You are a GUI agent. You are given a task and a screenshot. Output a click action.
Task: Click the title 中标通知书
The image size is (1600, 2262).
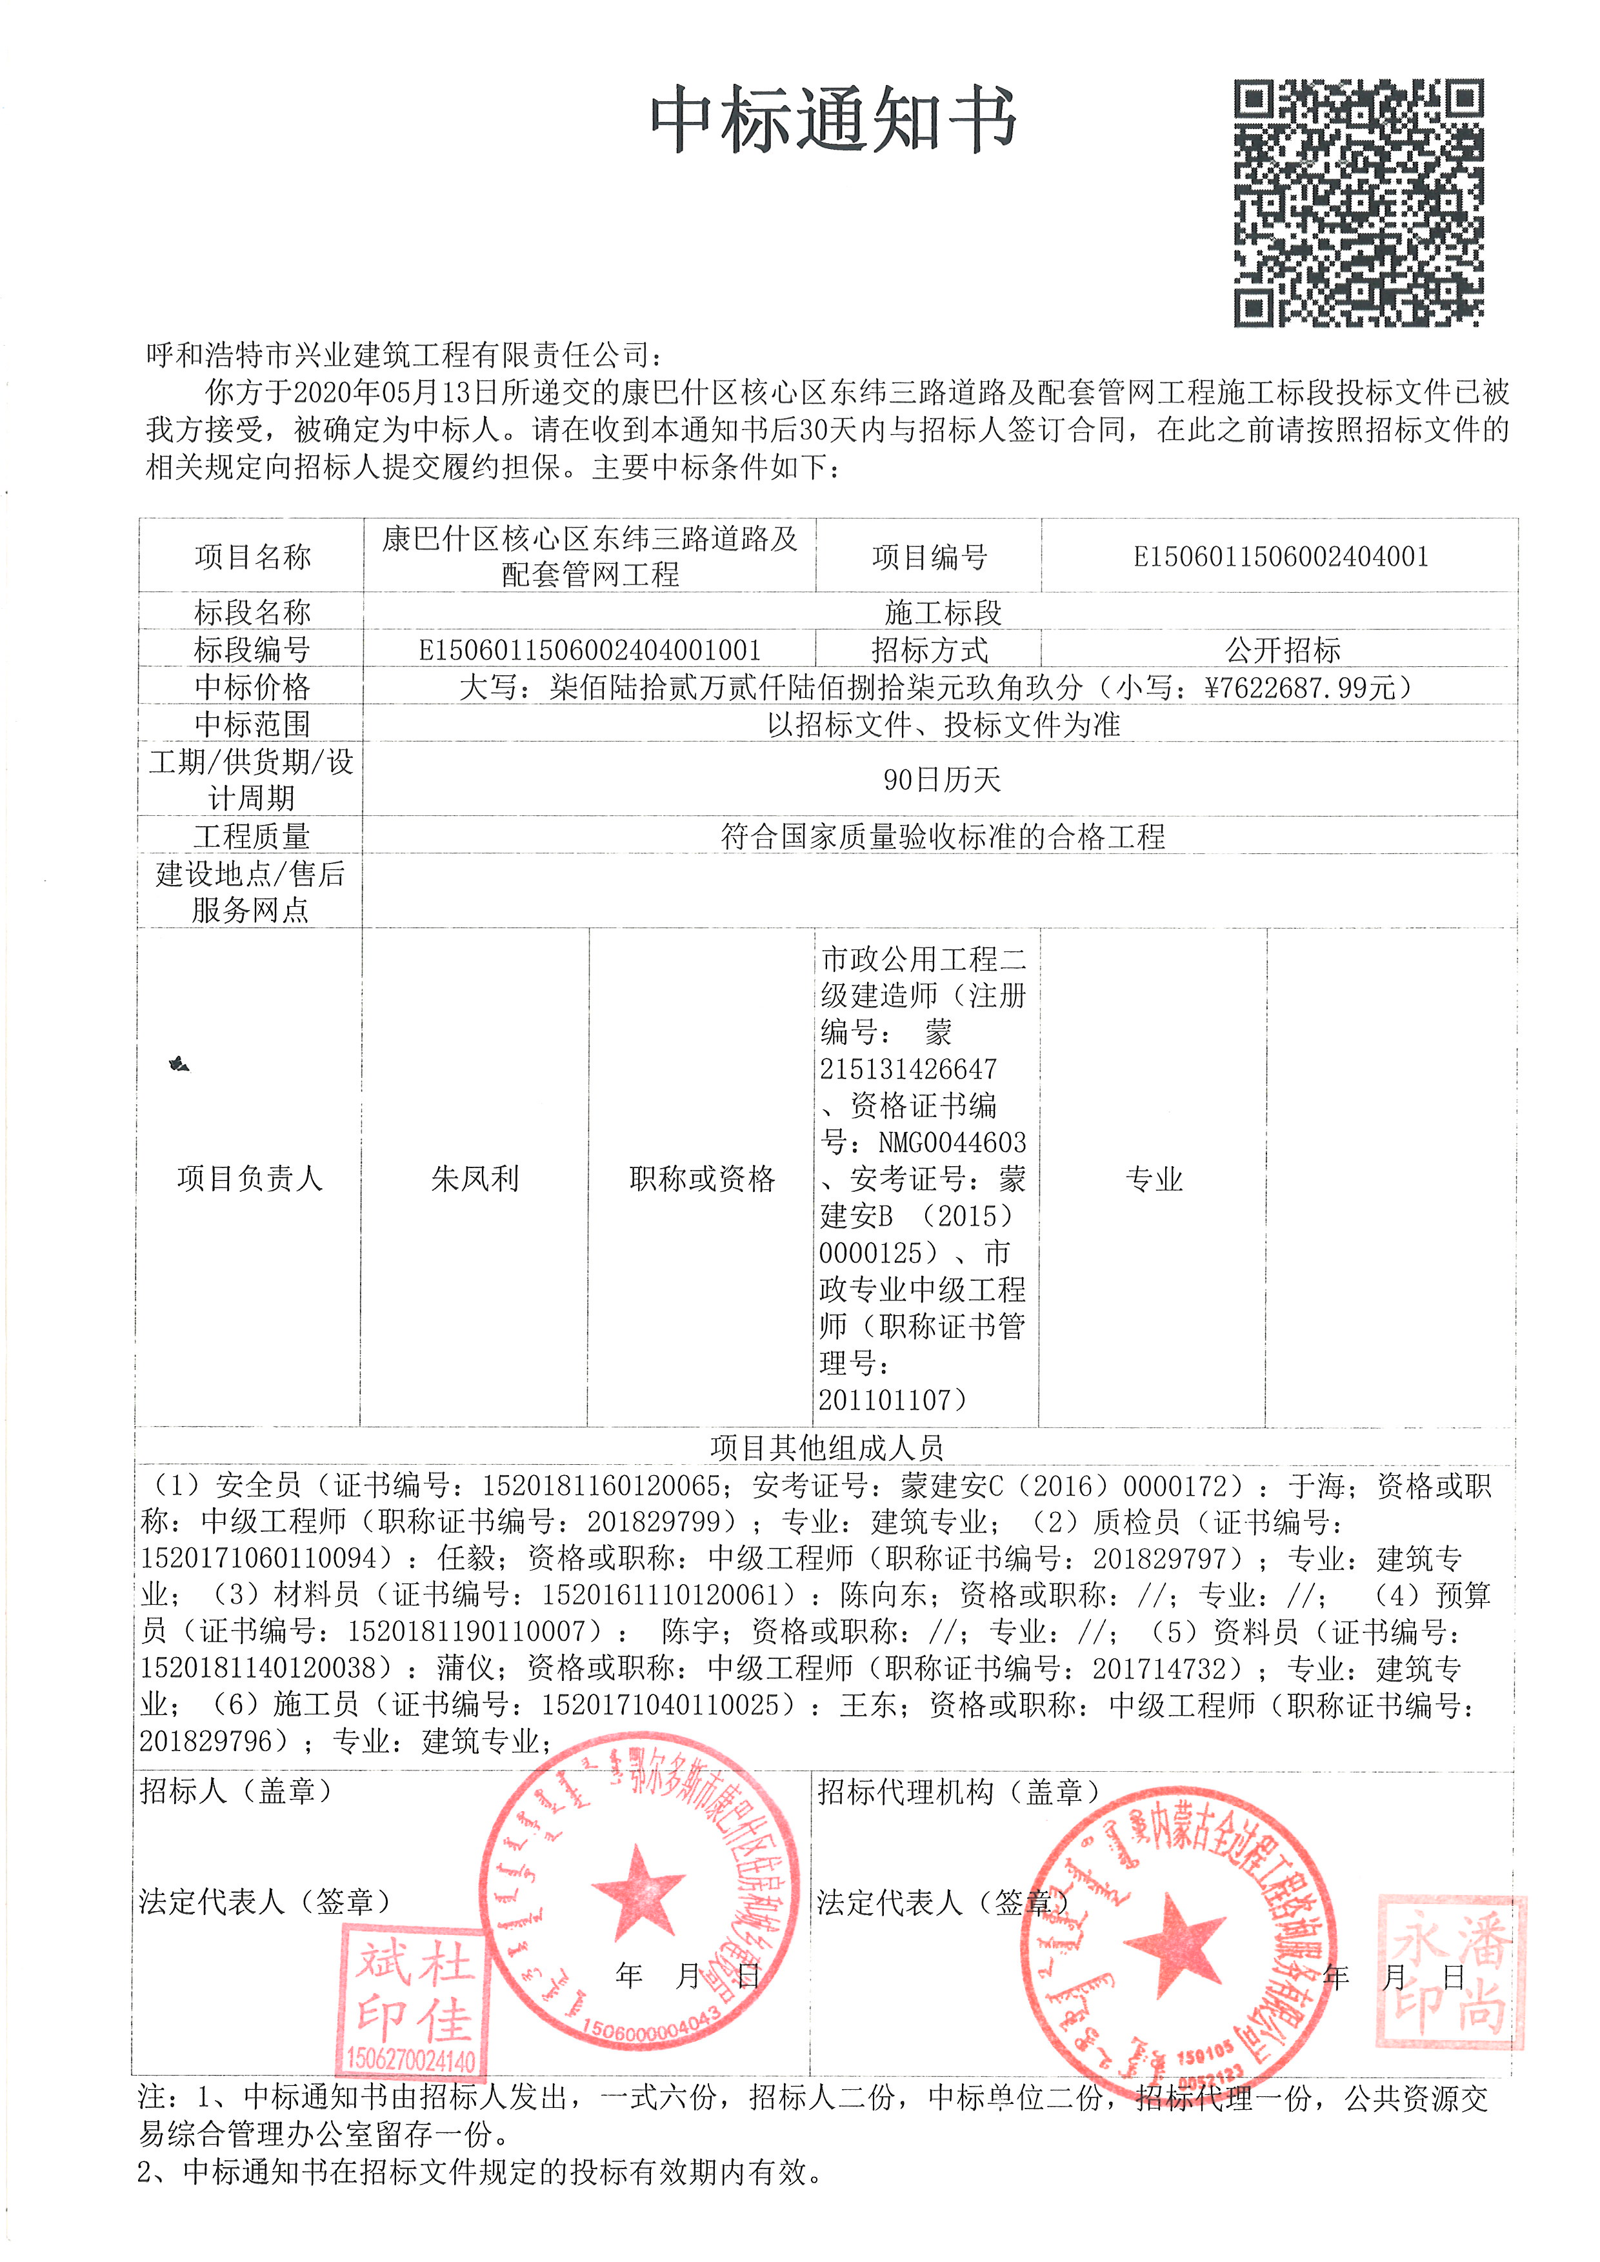[832, 120]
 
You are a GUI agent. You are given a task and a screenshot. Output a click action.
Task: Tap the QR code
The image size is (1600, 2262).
[1359, 203]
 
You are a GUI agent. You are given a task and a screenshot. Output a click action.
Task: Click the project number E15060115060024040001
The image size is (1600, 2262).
[1280, 557]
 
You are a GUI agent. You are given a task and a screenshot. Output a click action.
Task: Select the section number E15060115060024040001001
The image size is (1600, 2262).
[589, 650]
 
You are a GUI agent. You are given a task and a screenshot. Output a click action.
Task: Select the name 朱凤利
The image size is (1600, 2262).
[475, 1178]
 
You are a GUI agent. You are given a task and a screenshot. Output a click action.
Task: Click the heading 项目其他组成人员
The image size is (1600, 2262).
[826, 1447]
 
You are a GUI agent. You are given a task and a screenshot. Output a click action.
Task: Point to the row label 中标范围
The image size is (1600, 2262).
[252, 724]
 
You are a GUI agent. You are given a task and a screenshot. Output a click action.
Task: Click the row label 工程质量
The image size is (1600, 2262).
[252, 837]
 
